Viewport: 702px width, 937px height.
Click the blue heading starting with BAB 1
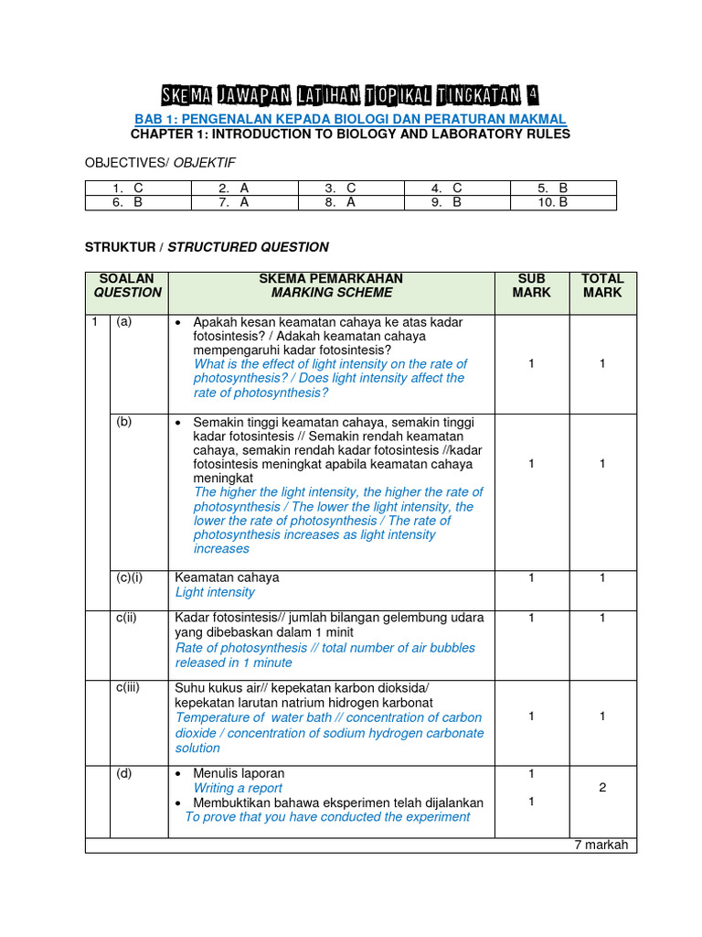click(x=350, y=119)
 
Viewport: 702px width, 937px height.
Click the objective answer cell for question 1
click(x=137, y=188)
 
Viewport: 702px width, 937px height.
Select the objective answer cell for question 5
click(x=563, y=188)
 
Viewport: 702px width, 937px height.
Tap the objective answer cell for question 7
click(x=244, y=202)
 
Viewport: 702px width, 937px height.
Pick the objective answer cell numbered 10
click(x=563, y=202)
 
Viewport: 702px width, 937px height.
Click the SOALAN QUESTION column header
click(x=127, y=285)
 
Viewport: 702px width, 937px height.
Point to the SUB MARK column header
click(x=531, y=285)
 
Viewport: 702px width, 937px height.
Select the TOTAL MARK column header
click(x=602, y=285)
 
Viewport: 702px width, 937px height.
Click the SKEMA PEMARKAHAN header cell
click(x=331, y=285)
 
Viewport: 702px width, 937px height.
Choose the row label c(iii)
click(x=127, y=688)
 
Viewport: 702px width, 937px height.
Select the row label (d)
click(x=123, y=773)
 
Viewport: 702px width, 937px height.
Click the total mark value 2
click(x=602, y=788)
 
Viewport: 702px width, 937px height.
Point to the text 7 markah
click(x=601, y=845)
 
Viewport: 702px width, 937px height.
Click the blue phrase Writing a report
click(x=238, y=788)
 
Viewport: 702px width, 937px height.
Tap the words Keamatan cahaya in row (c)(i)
click(x=227, y=577)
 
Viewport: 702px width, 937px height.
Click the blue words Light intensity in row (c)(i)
click(x=215, y=592)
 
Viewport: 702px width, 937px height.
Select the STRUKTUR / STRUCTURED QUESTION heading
click(x=207, y=247)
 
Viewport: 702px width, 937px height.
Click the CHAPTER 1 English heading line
click(x=350, y=134)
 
